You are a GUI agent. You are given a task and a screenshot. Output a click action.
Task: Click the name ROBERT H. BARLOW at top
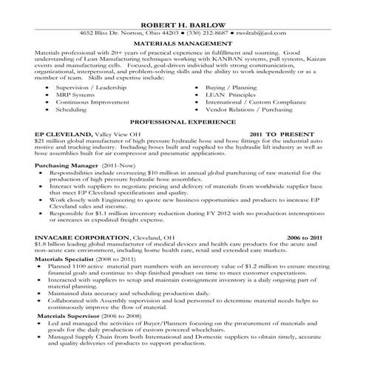click(x=183, y=24)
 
